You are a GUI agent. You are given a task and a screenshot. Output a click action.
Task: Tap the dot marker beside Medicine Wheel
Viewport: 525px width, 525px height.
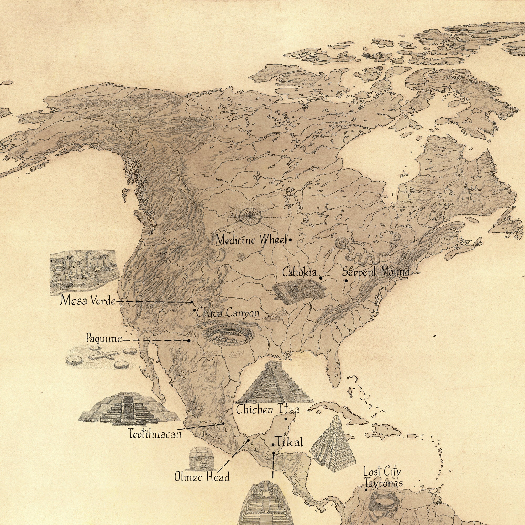(290, 240)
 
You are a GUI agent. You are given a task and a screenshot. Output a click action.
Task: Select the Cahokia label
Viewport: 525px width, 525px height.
(300, 272)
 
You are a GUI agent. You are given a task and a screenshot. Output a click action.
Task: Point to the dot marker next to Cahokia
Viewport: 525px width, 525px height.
(321, 278)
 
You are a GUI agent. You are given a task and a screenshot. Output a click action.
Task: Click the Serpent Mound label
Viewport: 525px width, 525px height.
(376, 271)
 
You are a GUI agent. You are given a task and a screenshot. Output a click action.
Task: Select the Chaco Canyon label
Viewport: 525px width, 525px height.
(228, 313)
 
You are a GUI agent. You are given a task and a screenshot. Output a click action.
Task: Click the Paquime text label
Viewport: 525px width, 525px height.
(104, 339)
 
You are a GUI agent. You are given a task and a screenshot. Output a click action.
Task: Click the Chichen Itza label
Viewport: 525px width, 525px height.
(268, 409)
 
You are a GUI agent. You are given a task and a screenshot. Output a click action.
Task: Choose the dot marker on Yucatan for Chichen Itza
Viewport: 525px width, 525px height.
(286, 419)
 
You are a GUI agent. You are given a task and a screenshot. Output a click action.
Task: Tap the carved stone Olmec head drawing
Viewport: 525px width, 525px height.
(201, 459)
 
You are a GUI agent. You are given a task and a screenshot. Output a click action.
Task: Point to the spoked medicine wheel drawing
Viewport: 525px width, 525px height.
(250, 217)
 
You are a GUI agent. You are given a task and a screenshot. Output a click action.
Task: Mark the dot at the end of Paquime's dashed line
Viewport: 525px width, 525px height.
(189, 340)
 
